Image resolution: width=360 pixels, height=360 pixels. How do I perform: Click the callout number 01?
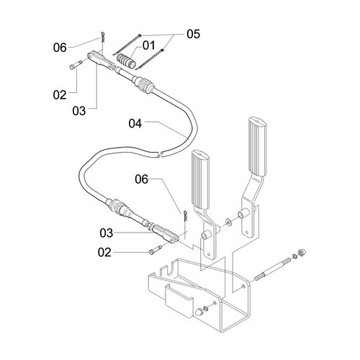149,45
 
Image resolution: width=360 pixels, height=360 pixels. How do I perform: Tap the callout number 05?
193,34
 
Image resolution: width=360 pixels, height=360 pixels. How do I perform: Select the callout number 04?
135,124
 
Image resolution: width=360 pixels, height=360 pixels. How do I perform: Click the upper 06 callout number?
60,48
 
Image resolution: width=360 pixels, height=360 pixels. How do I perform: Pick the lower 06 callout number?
142,179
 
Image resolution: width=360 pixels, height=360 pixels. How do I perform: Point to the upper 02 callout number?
60,95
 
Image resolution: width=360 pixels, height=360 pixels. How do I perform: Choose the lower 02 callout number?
104,253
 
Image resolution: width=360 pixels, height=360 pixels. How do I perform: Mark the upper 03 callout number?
79,111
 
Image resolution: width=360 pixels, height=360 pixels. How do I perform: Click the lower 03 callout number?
107,233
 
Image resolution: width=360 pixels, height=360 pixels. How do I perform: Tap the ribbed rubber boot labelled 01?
126,61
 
